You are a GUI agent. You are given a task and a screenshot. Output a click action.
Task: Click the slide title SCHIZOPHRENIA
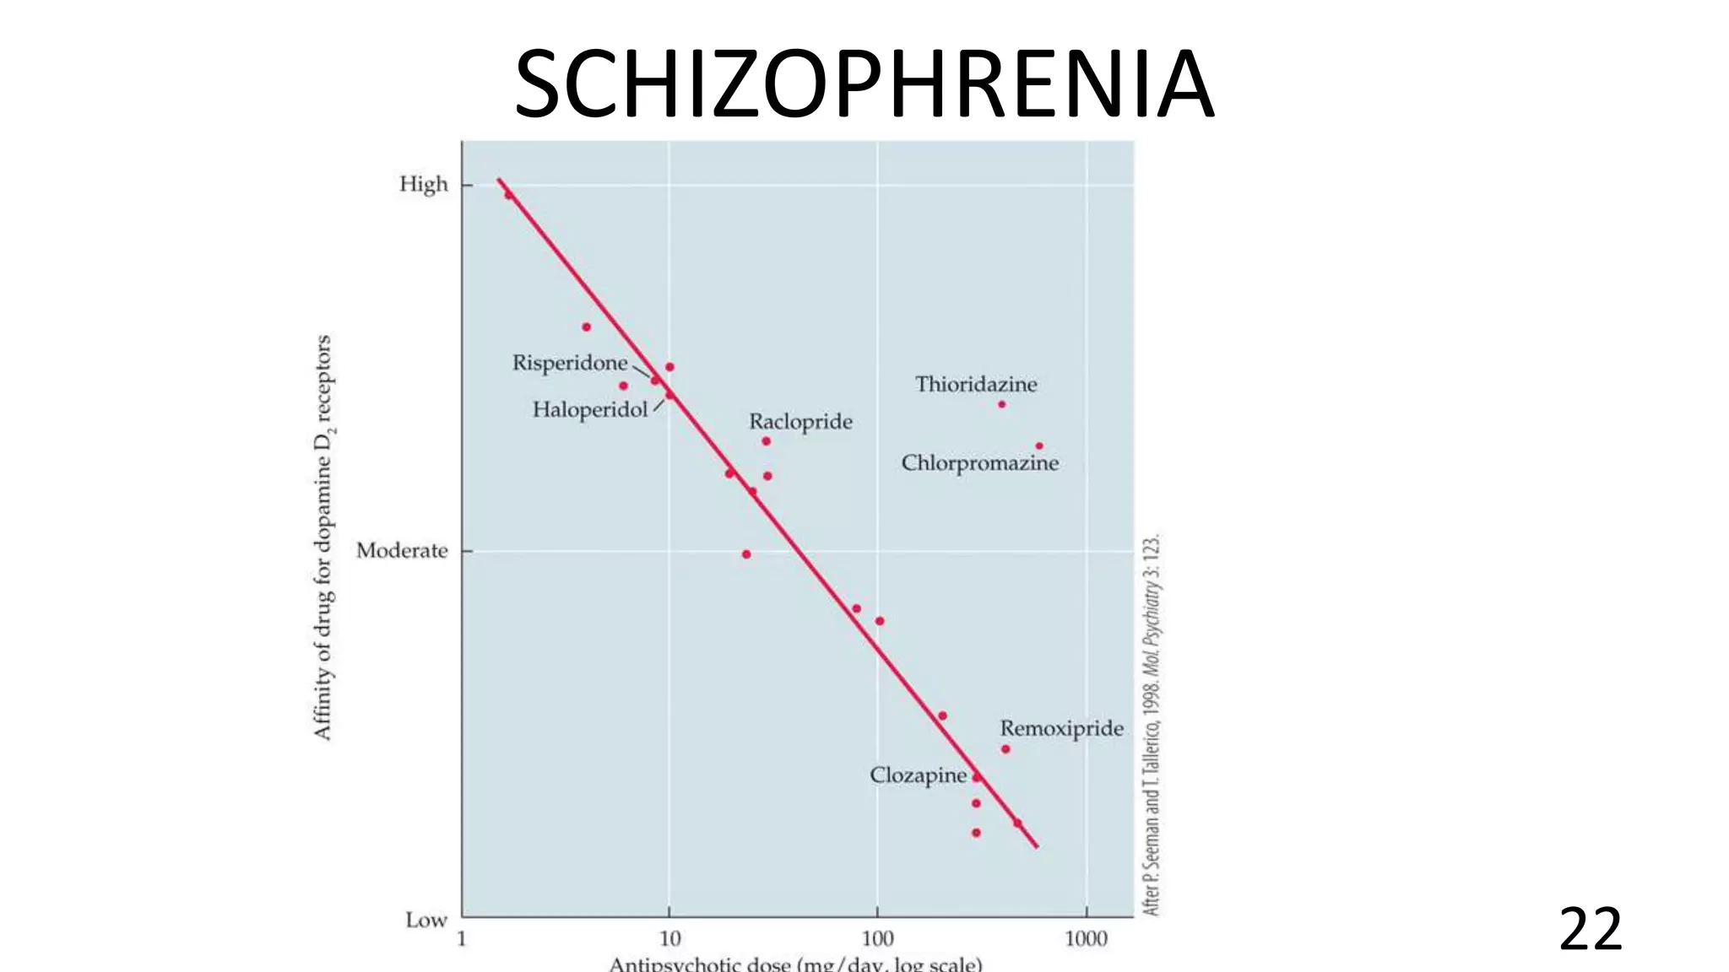[863, 84]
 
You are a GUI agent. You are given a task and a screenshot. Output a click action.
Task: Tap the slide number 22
[1590, 929]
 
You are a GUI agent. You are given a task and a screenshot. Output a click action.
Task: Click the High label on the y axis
[423, 184]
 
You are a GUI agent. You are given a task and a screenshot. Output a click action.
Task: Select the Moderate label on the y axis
[402, 551]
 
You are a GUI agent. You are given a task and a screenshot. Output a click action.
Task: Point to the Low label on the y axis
[425, 920]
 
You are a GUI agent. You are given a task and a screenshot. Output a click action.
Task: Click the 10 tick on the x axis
[669, 938]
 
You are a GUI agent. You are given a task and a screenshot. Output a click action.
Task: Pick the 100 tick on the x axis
[877, 938]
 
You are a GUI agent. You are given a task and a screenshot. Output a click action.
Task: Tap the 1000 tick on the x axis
[1086, 938]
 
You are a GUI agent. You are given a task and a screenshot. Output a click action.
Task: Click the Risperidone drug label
[570, 363]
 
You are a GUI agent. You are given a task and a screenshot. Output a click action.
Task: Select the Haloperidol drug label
[589, 410]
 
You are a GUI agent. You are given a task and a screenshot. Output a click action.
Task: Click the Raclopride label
[800, 421]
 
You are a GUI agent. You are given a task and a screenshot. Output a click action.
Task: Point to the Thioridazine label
[976, 385]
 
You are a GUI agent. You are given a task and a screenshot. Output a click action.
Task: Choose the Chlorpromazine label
[979, 463]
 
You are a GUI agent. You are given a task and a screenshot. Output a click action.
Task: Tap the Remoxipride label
[1061, 728]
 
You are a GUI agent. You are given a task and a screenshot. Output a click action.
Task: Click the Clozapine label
[918, 775]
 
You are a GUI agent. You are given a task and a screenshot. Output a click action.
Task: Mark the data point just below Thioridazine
[1001, 404]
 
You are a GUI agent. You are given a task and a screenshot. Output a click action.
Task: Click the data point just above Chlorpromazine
[1038, 445]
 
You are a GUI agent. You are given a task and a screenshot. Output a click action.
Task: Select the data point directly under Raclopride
[766, 441]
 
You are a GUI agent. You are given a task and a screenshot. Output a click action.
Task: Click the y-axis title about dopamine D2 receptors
[323, 537]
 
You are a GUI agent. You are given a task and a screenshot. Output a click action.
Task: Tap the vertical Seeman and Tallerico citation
[1152, 726]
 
